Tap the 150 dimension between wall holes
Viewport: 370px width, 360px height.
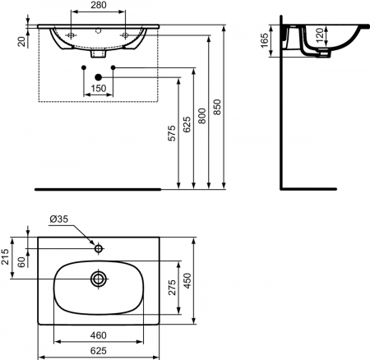[x=99, y=88]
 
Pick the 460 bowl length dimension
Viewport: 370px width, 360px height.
[x=99, y=335]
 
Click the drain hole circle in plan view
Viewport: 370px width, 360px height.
[x=99, y=279]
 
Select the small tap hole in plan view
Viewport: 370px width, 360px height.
[x=99, y=247]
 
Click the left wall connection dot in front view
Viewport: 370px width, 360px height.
[x=84, y=66]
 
